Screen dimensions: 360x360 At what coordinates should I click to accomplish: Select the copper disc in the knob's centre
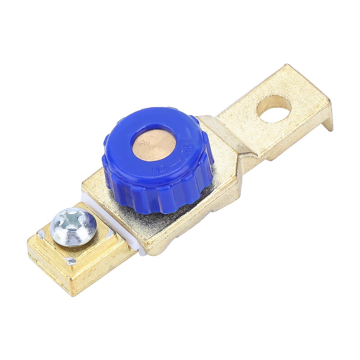click(154, 145)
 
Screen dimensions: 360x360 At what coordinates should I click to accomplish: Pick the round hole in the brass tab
click(274, 108)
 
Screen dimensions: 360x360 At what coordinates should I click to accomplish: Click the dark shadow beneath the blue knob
click(144, 219)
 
